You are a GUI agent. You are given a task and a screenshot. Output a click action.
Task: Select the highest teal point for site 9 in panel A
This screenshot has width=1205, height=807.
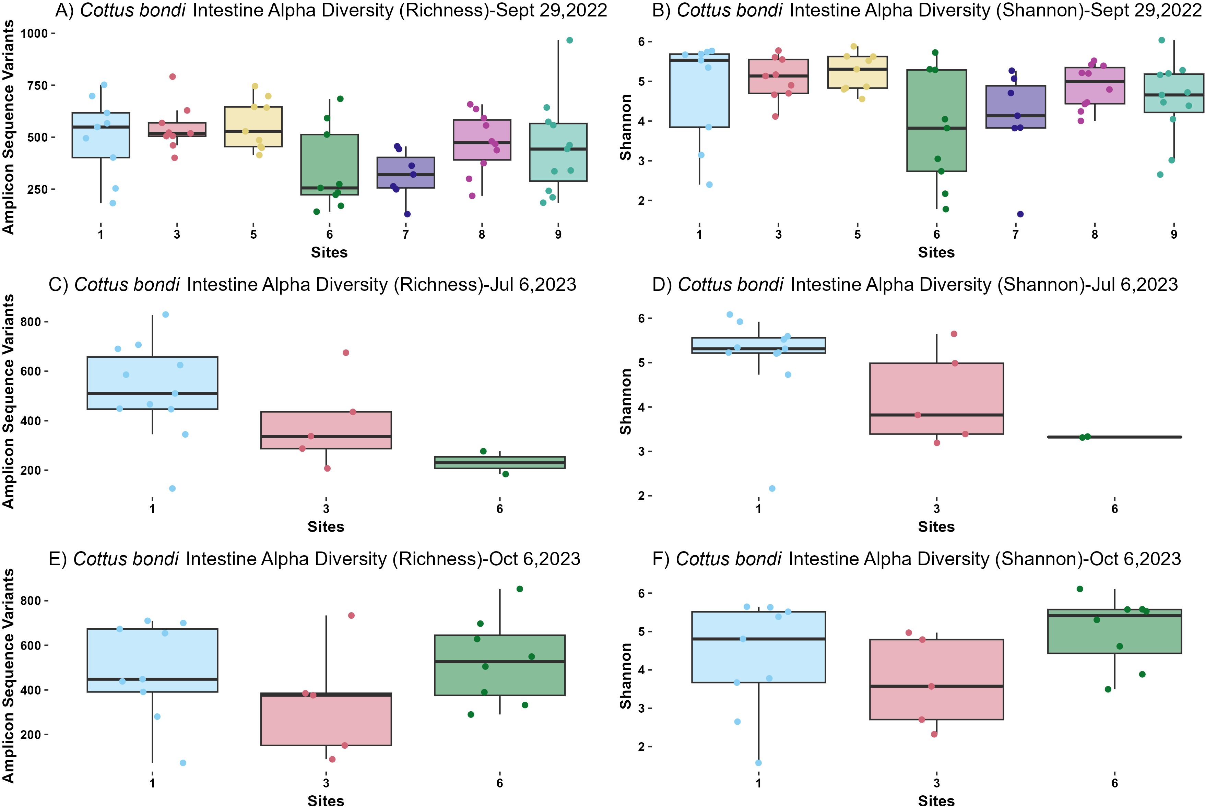pyautogui.click(x=569, y=40)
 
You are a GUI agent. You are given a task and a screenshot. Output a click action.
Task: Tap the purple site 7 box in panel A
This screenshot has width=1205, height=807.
pyautogui.click(x=406, y=173)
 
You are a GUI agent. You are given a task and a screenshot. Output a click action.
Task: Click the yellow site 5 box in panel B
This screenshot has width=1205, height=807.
pyautogui.click(x=857, y=72)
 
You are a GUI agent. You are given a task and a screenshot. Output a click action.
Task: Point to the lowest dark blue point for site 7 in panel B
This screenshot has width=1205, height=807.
pyautogui.click(x=1020, y=214)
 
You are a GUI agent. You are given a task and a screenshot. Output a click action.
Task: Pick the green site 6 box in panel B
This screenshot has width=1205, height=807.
pyautogui.click(x=936, y=120)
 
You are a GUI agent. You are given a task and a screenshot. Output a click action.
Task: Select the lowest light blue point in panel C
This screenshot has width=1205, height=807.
pyautogui.click(x=173, y=488)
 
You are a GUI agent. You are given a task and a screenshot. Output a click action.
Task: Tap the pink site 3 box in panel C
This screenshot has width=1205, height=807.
pyautogui.click(x=326, y=430)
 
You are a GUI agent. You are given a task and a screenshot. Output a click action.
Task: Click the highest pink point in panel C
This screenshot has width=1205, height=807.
pyautogui.click(x=346, y=353)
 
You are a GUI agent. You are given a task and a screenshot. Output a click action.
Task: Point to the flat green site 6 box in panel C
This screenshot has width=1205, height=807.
pyautogui.click(x=500, y=462)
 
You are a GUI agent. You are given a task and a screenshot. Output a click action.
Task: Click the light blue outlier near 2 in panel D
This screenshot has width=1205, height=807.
pyautogui.click(x=772, y=488)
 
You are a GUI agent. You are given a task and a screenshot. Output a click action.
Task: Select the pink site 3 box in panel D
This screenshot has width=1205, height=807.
pyautogui.click(x=936, y=398)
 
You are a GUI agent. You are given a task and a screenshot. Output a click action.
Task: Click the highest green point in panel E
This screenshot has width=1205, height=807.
pyautogui.click(x=520, y=589)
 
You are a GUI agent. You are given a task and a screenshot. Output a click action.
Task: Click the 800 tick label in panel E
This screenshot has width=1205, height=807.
pyautogui.click(x=34, y=601)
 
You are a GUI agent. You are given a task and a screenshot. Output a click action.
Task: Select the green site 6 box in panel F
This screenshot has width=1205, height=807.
pyautogui.click(x=1114, y=631)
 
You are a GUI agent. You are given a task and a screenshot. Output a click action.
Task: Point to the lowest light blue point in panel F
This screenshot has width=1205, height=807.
pyautogui.click(x=758, y=763)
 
